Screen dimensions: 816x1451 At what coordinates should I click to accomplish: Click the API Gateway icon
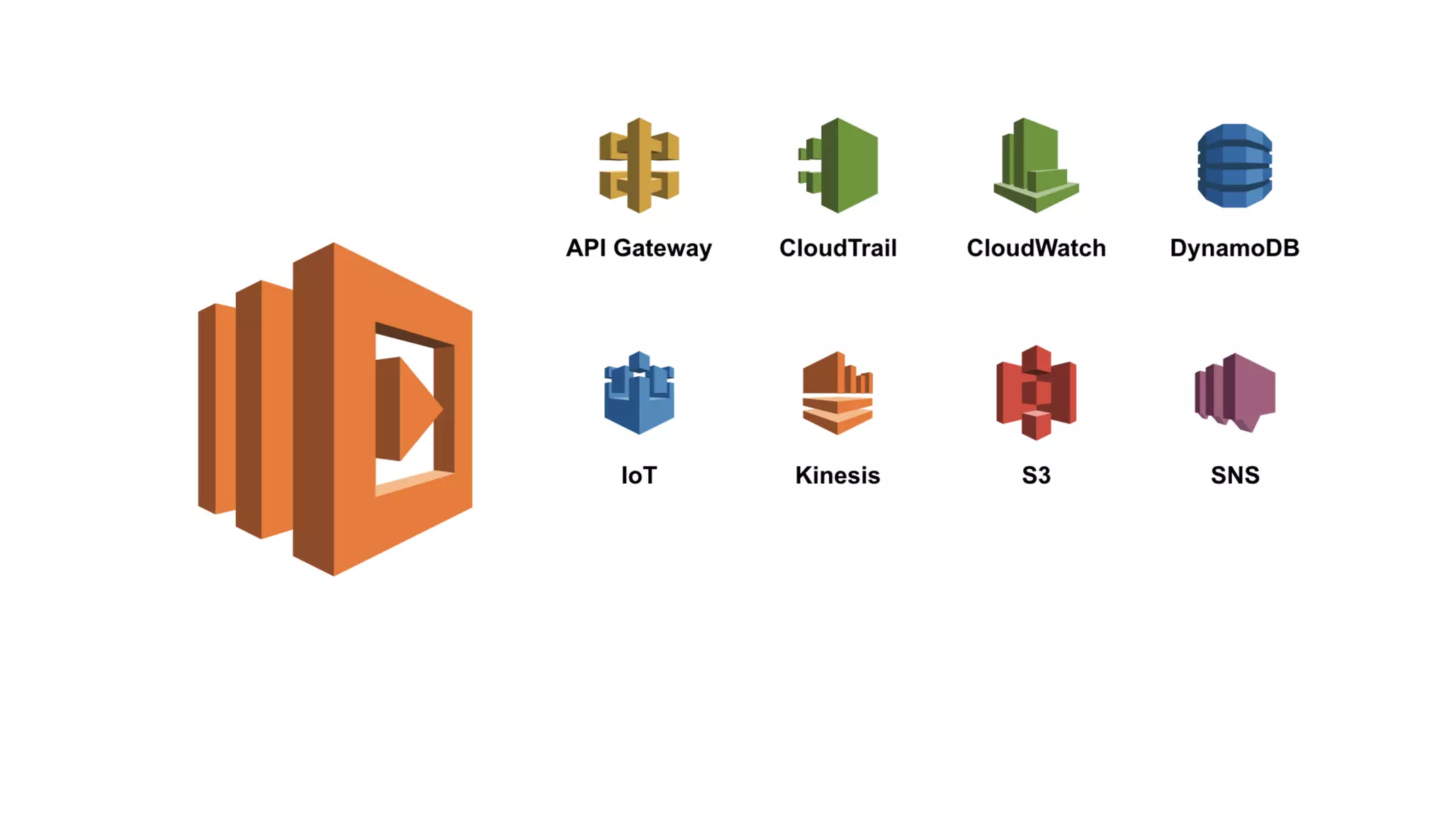639,165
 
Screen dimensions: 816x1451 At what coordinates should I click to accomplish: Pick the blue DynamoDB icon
1234,166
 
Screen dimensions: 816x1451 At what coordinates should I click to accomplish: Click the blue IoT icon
639,393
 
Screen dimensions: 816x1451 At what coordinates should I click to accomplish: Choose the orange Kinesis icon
837,393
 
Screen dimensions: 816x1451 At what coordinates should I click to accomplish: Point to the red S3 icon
1036,392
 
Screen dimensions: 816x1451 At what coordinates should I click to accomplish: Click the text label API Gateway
638,248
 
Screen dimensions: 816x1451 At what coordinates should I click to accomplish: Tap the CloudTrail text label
837,248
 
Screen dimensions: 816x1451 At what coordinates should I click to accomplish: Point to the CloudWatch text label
1036,248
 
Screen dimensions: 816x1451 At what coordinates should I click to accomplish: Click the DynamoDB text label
1234,248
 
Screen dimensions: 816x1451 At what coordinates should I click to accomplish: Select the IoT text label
639,475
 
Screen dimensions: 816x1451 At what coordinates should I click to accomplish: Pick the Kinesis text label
837,475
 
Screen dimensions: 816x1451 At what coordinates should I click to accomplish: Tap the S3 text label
1036,475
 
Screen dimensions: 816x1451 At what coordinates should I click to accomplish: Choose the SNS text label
1235,475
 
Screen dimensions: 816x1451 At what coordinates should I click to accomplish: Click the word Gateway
662,248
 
